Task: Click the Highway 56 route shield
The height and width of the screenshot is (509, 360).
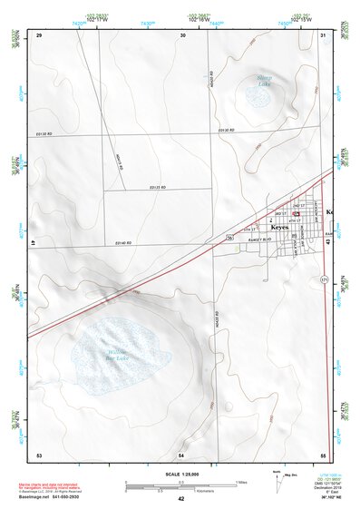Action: (231, 236)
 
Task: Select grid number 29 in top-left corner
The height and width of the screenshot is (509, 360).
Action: (39, 34)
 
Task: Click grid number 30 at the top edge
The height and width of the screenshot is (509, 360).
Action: (182, 34)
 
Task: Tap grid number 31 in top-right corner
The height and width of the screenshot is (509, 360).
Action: (324, 34)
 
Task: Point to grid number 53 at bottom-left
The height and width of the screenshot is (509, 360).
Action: (39, 454)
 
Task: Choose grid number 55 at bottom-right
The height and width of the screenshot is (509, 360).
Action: (324, 454)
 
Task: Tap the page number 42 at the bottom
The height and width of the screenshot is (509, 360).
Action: (180, 499)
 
